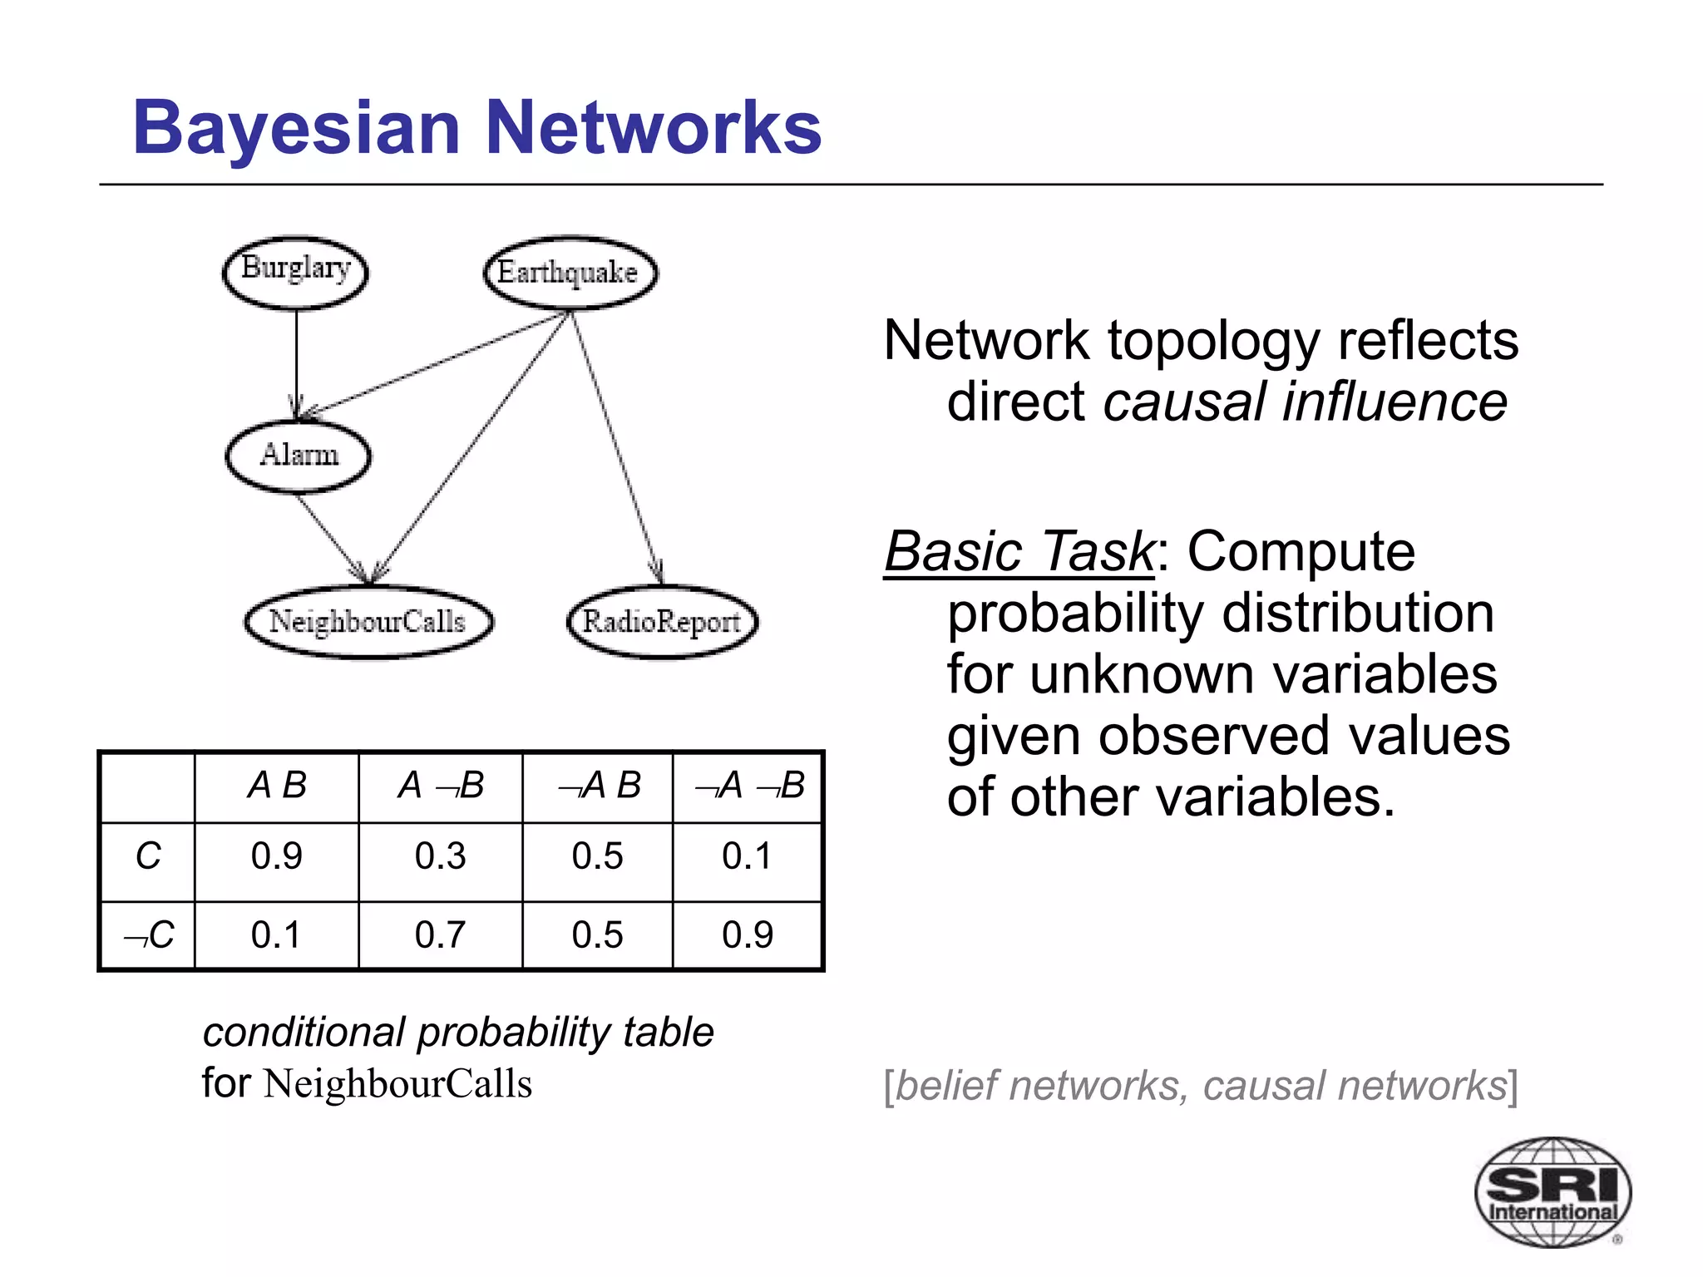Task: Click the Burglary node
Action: click(295, 272)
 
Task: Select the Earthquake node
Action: click(570, 273)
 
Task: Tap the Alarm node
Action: click(299, 456)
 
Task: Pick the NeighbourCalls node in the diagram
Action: click(368, 622)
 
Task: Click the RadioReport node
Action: click(662, 622)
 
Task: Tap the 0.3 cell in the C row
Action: click(440, 856)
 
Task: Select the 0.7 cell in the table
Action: click(440, 935)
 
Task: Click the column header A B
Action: click(277, 786)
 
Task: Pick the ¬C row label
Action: click(148, 935)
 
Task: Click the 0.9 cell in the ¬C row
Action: click(747, 935)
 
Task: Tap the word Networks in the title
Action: click(653, 128)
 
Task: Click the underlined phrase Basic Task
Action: click(1019, 552)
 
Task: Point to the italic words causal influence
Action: click(1305, 402)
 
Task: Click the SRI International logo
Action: click(1552, 1191)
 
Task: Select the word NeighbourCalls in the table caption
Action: click(397, 1084)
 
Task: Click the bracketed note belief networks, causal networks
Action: click(1201, 1086)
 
